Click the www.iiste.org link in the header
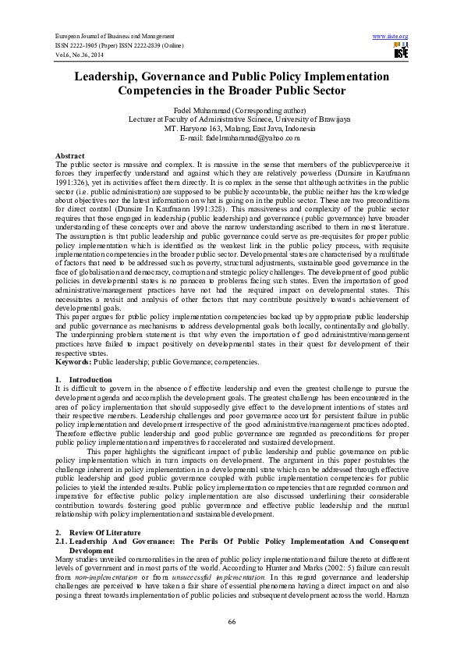[391, 36]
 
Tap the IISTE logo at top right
[401, 51]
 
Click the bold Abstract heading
[69, 156]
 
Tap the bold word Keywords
[74, 362]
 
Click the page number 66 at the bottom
[232, 620]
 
